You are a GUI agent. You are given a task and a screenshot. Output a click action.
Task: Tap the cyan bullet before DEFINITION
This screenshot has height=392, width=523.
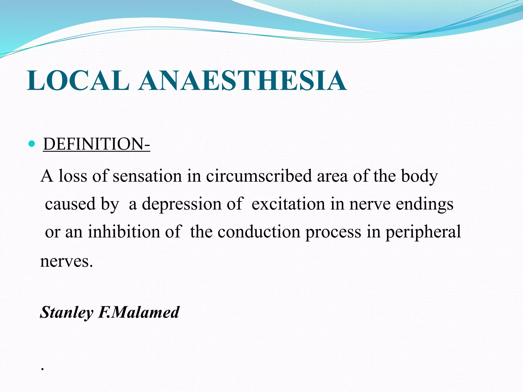point(32,144)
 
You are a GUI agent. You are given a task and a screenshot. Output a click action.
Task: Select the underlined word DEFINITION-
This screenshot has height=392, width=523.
point(97,144)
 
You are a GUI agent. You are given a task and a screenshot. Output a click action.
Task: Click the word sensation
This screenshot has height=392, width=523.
point(147,176)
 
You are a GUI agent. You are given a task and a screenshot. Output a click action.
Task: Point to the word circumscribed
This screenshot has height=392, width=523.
point(259,176)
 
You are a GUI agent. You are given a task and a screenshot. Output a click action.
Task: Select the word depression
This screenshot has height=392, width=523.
point(182,204)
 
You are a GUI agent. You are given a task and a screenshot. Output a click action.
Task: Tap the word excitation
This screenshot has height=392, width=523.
point(288,204)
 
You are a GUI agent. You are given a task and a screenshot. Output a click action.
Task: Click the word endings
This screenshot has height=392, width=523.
point(424,204)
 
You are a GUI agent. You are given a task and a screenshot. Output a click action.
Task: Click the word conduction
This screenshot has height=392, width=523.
point(259,232)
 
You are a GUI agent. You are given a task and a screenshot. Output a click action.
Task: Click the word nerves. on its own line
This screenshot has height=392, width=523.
point(66,261)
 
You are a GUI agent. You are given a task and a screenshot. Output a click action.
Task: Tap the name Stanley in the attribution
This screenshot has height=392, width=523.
point(66,312)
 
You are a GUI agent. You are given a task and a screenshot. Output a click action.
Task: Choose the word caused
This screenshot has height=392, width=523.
point(70,204)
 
